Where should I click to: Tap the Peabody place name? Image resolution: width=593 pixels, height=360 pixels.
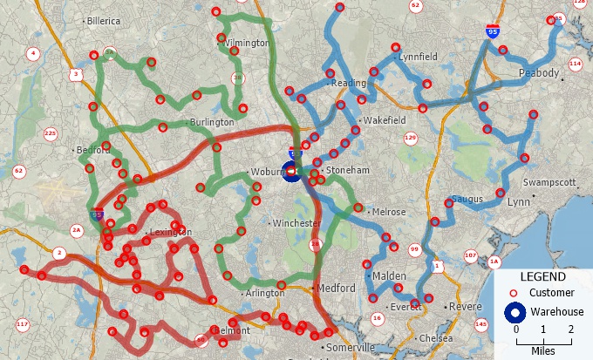(x=538, y=73)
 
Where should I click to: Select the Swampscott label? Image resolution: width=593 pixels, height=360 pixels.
(x=550, y=182)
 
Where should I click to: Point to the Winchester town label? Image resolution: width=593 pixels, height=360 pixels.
(x=297, y=224)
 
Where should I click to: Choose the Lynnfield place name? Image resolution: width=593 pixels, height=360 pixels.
(x=417, y=57)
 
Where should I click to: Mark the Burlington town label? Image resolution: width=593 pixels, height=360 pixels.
(x=213, y=123)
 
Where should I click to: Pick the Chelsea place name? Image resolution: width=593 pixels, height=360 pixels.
(x=436, y=337)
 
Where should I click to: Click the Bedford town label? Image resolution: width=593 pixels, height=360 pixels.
(x=94, y=150)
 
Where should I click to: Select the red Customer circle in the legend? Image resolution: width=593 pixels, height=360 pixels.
(x=515, y=293)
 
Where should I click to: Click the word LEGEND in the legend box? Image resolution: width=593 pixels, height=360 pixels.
(x=542, y=276)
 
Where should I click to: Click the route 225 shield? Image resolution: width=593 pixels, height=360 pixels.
(x=50, y=133)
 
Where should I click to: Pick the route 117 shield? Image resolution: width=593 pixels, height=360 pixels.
(x=23, y=325)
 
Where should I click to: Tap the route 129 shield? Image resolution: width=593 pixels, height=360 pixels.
(x=411, y=137)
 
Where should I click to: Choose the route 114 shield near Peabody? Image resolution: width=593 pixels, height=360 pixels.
(x=575, y=64)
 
